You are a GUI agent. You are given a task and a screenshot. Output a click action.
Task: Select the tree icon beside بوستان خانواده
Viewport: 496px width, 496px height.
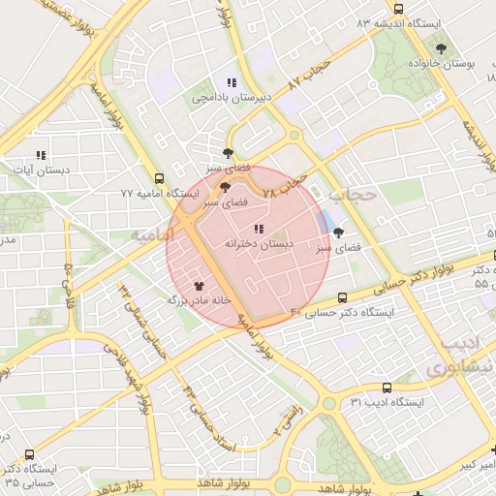(442, 46)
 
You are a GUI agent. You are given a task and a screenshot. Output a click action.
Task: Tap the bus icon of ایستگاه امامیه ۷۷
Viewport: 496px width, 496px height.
(159, 178)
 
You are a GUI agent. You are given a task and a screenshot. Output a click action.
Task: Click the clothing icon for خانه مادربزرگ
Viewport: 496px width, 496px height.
(200, 286)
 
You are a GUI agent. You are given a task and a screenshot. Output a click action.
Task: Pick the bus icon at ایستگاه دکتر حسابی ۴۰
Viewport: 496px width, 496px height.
(342, 297)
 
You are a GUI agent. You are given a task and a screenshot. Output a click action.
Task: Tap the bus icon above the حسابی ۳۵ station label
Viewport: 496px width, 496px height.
(30, 453)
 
